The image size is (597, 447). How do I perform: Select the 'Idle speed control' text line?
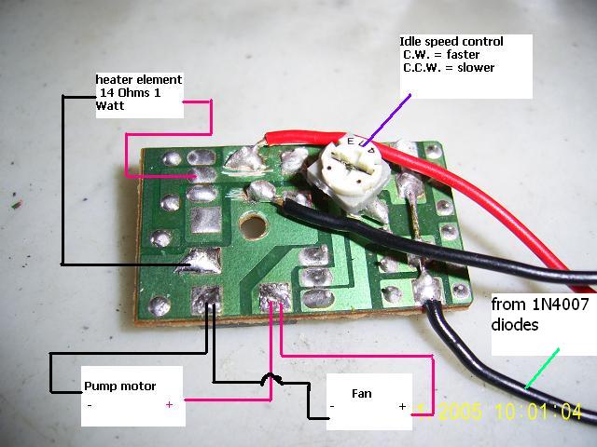451,42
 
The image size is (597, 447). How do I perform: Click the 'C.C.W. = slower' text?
450,68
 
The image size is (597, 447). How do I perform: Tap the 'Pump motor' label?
120,386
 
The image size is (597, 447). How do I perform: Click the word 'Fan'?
361,393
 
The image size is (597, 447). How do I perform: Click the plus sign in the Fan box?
403,407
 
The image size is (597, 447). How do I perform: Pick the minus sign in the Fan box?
332,408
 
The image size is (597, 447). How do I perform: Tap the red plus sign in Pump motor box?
169,404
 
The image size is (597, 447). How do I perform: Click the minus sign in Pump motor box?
90,405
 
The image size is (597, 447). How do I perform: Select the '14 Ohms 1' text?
131,93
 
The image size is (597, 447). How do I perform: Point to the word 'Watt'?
109,106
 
